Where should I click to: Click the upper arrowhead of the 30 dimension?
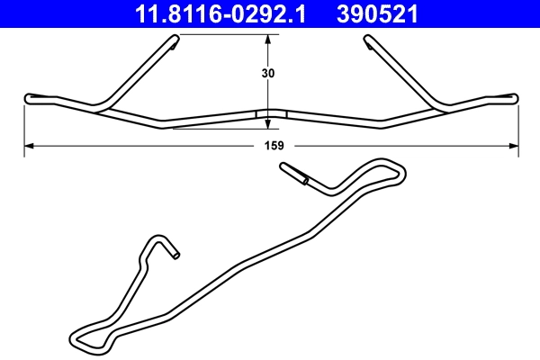tap(268, 40)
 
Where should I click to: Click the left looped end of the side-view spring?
tap(31, 98)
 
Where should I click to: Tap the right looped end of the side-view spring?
tap(513, 95)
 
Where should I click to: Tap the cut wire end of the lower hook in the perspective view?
tap(176, 255)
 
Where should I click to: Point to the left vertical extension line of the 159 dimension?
tap(23, 126)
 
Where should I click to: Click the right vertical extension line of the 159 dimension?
tap(519, 126)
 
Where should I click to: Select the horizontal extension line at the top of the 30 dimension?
tap(225, 34)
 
